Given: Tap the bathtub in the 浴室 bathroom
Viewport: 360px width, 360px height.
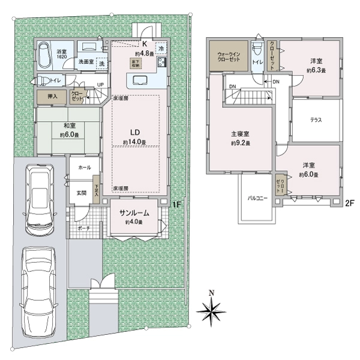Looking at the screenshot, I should click(46, 57).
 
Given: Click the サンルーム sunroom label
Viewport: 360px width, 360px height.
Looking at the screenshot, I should click(134, 214).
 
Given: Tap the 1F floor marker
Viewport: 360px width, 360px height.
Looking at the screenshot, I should click(176, 205).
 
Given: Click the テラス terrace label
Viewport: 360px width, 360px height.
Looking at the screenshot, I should click(316, 120).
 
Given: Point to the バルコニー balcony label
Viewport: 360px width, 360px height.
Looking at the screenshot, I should click(257, 197).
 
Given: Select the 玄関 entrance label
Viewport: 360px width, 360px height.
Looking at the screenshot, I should click(82, 193).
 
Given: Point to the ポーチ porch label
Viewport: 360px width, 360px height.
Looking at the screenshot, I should click(84, 229).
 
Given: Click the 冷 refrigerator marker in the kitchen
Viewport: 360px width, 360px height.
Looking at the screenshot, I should click(161, 46).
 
